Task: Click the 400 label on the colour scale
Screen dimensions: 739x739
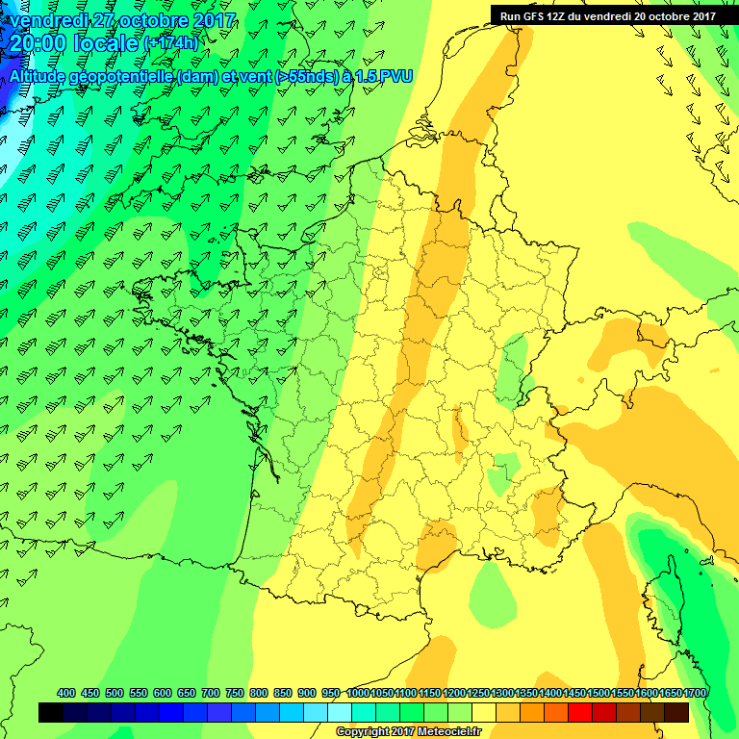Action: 66,693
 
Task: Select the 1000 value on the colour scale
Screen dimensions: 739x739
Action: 358,693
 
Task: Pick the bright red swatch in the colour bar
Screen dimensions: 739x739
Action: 580,712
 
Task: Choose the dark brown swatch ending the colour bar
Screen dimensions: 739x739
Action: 676,712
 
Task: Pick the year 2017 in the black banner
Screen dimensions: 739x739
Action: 701,15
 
